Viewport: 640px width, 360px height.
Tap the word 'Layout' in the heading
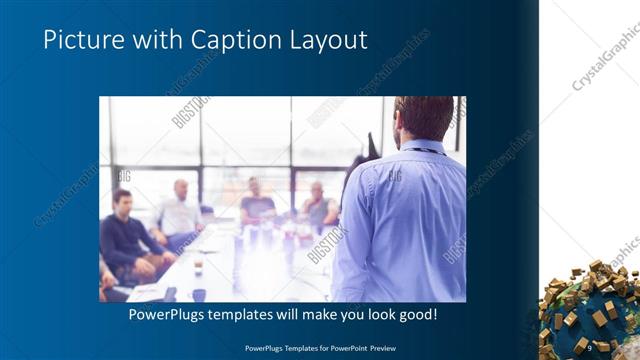click(x=322, y=40)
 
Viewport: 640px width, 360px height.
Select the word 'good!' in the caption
click(x=413, y=315)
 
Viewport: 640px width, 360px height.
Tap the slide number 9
click(x=589, y=346)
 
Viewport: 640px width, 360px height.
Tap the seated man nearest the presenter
click(x=318, y=207)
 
